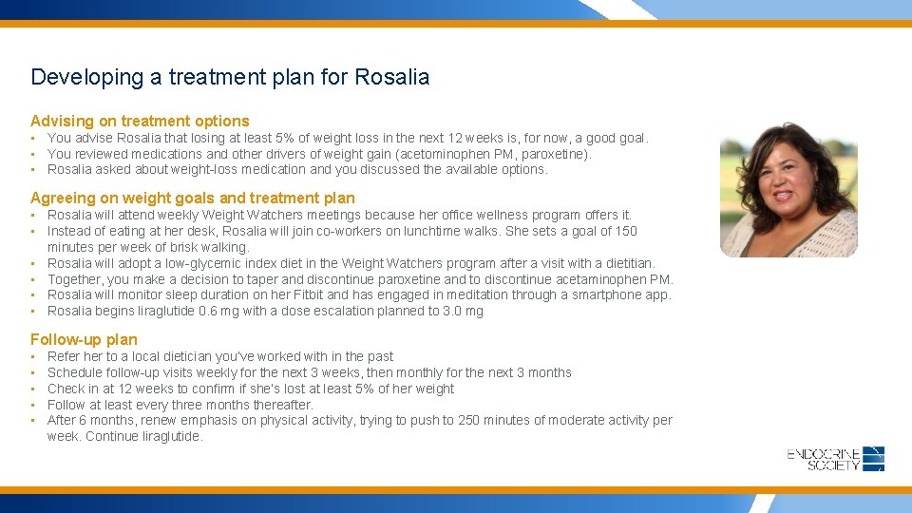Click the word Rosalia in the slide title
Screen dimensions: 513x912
coord(391,77)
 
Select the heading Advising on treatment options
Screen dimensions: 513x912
coord(140,121)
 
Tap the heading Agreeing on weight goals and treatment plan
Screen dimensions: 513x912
coord(192,198)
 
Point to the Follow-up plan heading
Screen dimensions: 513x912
coord(84,339)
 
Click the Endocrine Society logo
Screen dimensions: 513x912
coord(836,459)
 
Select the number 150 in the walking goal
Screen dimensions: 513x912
coord(625,231)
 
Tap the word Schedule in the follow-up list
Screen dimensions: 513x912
coord(75,372)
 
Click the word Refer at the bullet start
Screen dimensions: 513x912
coord(63,356)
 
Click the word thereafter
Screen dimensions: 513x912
coord(282,405)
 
